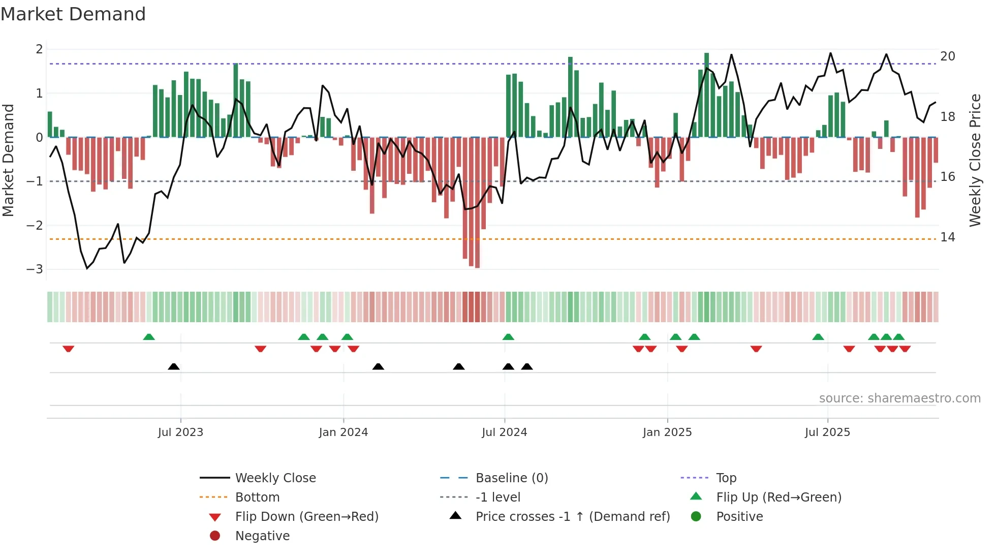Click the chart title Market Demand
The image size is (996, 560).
pos(73,14)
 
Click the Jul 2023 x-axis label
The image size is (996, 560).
pos(180,432)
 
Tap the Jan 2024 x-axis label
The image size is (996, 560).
pos(344,432)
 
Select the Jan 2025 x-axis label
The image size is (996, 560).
pos(667,432)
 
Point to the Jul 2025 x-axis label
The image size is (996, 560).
pos(827,432)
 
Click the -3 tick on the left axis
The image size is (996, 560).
pos(35,269)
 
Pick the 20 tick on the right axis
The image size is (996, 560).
pos(948,56)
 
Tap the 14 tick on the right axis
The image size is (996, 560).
pos(948,237)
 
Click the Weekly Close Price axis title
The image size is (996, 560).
pos(975,160)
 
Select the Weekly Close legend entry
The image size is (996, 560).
pos(275,478)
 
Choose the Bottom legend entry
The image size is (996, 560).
pos(257,497)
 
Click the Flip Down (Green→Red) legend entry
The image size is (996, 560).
pos(306,517)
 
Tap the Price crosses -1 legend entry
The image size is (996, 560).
pos(573,517)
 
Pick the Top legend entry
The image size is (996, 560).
pos(726,478)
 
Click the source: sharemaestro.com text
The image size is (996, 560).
pos(899,398)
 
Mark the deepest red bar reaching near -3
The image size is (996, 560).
pos(477,203)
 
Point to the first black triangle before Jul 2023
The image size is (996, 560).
pos(174,366)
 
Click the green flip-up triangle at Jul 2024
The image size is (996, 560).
pos(508,337)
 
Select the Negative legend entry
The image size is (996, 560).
pos(262,536)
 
